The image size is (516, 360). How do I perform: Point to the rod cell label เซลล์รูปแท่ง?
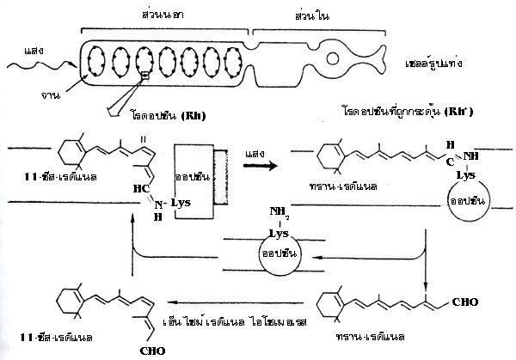point(443,65)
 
